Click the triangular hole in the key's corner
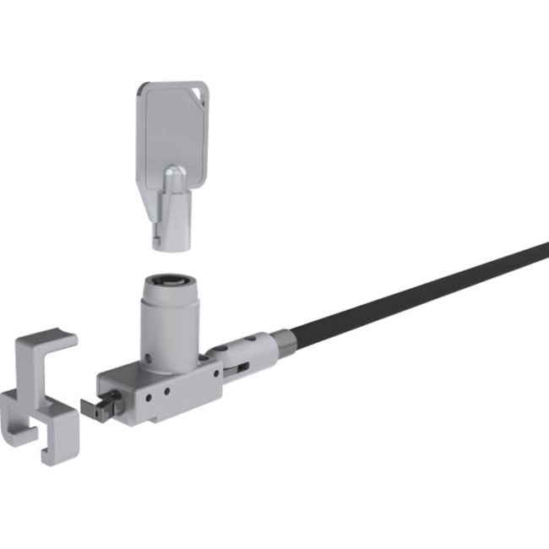click(x=196, y=90)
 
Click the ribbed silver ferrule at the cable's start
click(x=285, y=339)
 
